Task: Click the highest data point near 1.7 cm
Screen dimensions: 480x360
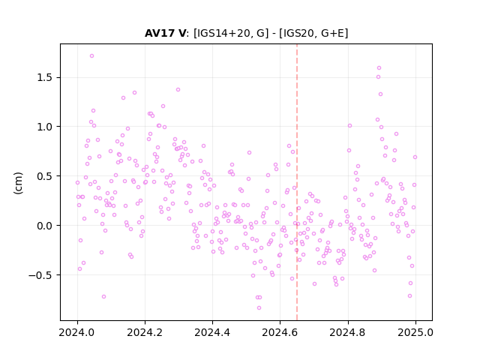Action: [91, 56]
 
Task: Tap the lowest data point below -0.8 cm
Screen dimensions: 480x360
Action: [259, 308]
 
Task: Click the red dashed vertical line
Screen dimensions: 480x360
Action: [297, 182]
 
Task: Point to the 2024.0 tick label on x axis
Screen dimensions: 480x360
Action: [77, 332]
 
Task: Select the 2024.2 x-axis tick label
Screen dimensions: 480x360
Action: [145, 332]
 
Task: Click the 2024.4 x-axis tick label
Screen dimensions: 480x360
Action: [212, 332]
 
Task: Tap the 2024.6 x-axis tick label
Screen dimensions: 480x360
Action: [280, 332]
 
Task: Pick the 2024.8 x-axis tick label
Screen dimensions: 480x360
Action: [348, 332]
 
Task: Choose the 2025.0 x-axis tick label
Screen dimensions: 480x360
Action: [415, 332]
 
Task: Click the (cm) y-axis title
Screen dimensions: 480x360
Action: [18, 183]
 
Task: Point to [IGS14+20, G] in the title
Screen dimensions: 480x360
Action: [230, 33]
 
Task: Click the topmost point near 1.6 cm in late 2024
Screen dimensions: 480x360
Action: [379, 68]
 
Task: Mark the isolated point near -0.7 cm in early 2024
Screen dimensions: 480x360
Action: [103, 297]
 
